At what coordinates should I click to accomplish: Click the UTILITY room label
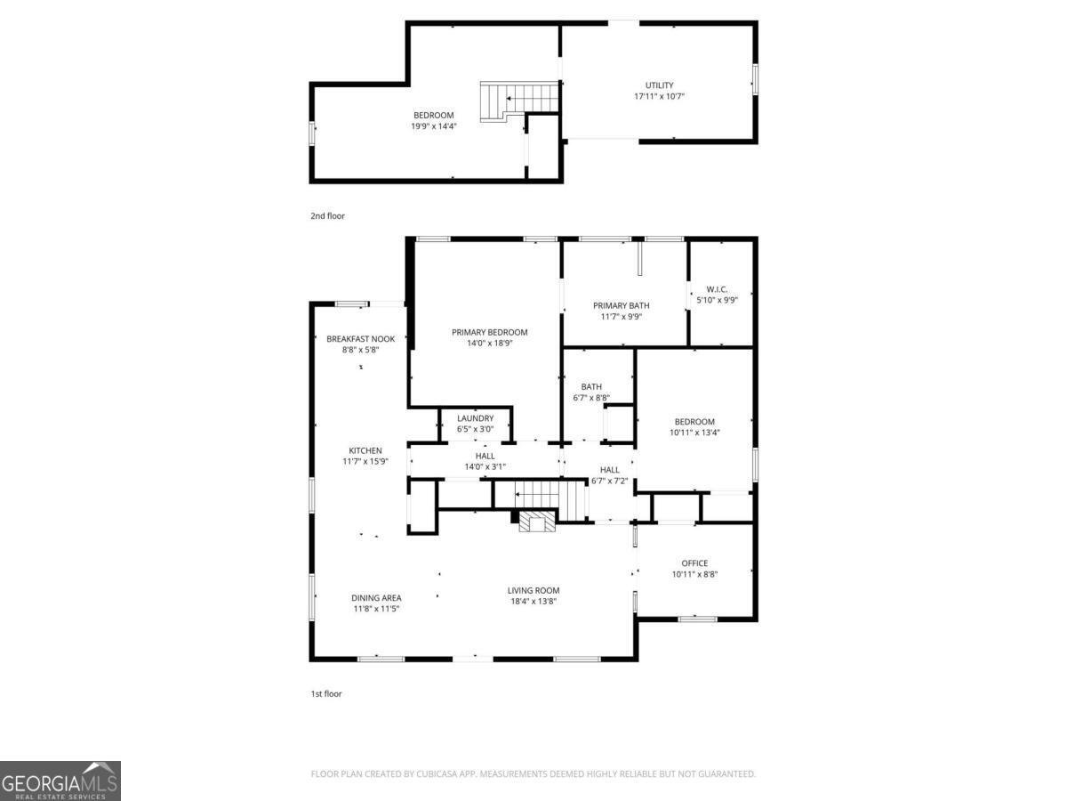[659, 85]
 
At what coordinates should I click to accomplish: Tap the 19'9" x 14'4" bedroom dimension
[433, 126]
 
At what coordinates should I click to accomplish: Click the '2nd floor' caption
[327, 216]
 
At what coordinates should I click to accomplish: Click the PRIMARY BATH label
[621, 305]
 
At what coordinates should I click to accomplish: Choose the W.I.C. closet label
[717, 288]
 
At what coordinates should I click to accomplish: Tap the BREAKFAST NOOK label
[360, 339]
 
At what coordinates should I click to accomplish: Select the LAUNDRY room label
[475, 418]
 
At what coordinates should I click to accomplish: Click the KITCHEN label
[365, 451]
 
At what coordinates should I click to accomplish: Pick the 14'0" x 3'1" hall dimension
[485, 467]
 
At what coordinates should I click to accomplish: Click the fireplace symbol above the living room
[536, 522]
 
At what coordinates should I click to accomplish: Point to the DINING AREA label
[377, 598]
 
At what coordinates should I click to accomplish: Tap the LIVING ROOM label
[533, 591]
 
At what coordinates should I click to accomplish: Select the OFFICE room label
[694, 563]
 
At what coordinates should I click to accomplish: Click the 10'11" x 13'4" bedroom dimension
[694, 433]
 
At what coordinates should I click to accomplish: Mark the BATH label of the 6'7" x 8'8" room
[591, 387]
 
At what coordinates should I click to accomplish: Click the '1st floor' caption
[325, 694]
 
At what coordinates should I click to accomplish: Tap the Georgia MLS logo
[60, 781]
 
